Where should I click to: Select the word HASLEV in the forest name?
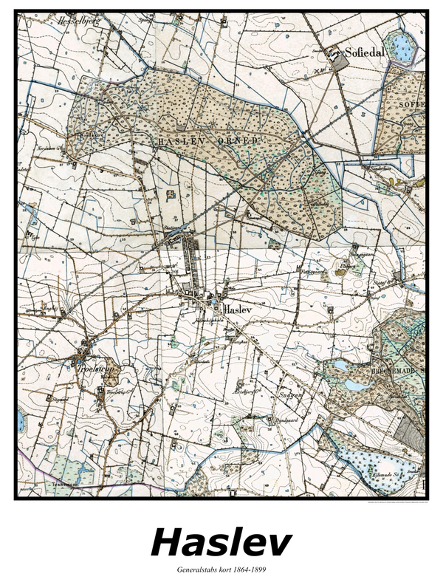175,140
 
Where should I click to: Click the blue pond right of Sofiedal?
403,49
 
